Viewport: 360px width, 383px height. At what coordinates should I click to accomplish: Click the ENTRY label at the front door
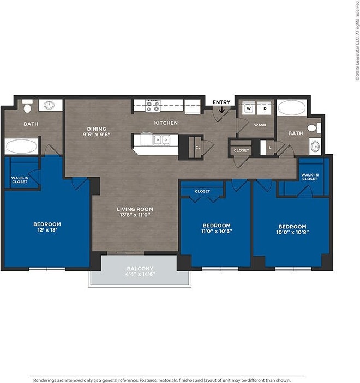pyautogui.click(x=221, y=102)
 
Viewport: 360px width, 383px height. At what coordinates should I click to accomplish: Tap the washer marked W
pyautogui.click(x=249, y=108)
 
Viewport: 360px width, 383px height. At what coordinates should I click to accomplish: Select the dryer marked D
pyautogui.click(x=265, y=108)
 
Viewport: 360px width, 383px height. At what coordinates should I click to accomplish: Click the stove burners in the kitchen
pyautogui.click(x=153, y=105)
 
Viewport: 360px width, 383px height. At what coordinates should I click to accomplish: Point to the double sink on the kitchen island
pyautogui.click(x=161, y=139)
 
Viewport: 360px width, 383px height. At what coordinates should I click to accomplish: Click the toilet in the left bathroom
pyautogui.click(x=28, y=105)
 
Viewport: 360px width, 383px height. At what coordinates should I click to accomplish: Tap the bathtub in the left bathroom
pyautogui.click(x=21, y=146)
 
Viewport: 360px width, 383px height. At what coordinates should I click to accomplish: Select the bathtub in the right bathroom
pyautogui.click(x=293, y=107)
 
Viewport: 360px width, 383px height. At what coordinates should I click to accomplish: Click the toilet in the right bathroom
pyautogui.click(x=313, y=128)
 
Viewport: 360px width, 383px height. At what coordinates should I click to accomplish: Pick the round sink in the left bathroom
pyautogui.click(x=50, y=105)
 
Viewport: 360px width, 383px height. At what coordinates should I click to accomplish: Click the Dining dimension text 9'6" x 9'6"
pyautogui.click(x=97, y=134)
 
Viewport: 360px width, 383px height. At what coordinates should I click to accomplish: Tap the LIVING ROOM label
pyautogui.click(x=135, y=209)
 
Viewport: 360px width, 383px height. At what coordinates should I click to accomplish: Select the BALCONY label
pyautogui.click(x=140, y=268)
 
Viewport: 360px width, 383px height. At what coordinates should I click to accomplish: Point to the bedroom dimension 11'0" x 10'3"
pyautogui.click(x=217, y=231)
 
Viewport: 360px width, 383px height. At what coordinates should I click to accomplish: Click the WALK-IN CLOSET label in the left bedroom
pyautogui.click(x=20, y=179)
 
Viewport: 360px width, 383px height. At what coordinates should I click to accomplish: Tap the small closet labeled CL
pyautogui.click(x=198, y=147)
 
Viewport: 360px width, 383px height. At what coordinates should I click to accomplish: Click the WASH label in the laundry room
pyautogui.click(x=260, y=125)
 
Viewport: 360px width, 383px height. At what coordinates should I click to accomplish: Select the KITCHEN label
pyautogui.click(x=166, y=123)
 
